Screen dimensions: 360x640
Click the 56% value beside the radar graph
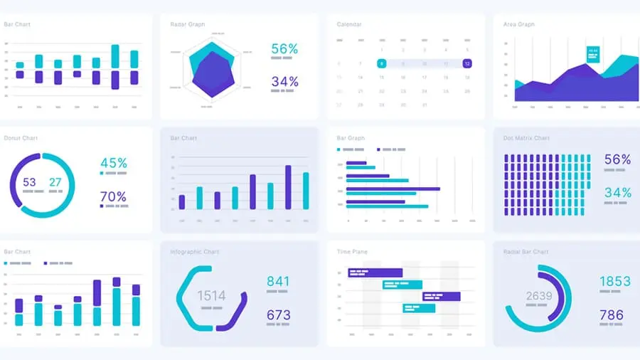point(284,49)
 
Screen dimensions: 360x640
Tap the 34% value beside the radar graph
point(284,82)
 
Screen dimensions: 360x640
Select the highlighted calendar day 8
point(382,63)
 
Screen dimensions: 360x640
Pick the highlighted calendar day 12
point(466,63)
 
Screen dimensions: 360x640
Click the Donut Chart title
point(21,138)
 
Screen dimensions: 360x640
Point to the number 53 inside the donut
point(29,182)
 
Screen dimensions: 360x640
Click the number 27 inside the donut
point(55,182)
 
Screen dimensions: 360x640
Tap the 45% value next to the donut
point(114,163)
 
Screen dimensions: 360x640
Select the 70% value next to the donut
point(114,196)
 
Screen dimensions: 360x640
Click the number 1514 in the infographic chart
point(211,296)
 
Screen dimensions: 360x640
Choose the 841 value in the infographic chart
point(278,281)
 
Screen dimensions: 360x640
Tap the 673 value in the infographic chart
point(278,314)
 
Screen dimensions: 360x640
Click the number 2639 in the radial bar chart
point(539,296)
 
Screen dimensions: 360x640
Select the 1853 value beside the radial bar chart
point(614,281)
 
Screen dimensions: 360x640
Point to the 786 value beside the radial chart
point(611,314)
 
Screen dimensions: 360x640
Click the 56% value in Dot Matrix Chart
point(617,160)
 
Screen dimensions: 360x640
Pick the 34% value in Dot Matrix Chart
point(617,192)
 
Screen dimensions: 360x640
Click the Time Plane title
point(352,252)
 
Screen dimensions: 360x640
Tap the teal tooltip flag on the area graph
point(592,53)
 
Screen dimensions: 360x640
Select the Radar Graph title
point(188,24)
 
